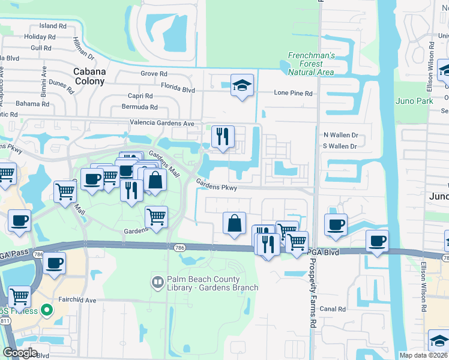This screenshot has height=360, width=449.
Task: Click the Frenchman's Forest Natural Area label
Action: pos(310,63)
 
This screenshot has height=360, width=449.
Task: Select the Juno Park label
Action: pos(414,101)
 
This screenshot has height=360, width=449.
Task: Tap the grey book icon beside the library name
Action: pos(157,280)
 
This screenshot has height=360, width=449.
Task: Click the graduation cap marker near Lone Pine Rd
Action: pos(242,85)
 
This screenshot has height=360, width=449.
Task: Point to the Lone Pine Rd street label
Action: pos(294,94)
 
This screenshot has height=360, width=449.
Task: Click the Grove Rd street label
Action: pos(154,74)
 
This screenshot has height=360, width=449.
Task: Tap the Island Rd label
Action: pos(53,26)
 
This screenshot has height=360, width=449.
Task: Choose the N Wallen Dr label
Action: pos(340,135)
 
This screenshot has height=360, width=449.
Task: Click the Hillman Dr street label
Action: pos(83,53)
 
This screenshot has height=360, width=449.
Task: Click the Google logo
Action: pos(20,352)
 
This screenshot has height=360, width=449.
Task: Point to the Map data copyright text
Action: pos(424,355)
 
